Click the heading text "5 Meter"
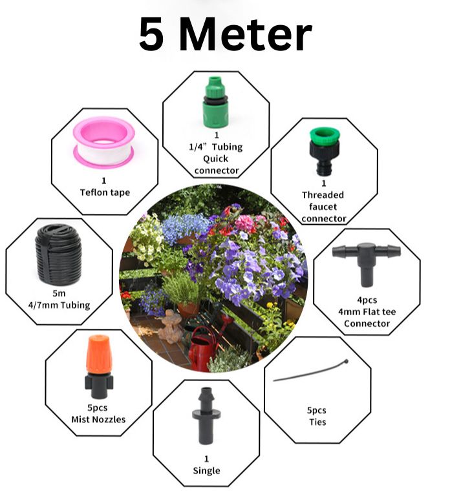point(225,36)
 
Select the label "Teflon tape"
point(105,192)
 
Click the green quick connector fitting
point(216,101)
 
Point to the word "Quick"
point(216,158)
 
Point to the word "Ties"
point(317,422)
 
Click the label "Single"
point(206,470)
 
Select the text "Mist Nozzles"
point(98,419)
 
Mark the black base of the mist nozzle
point(98,386)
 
